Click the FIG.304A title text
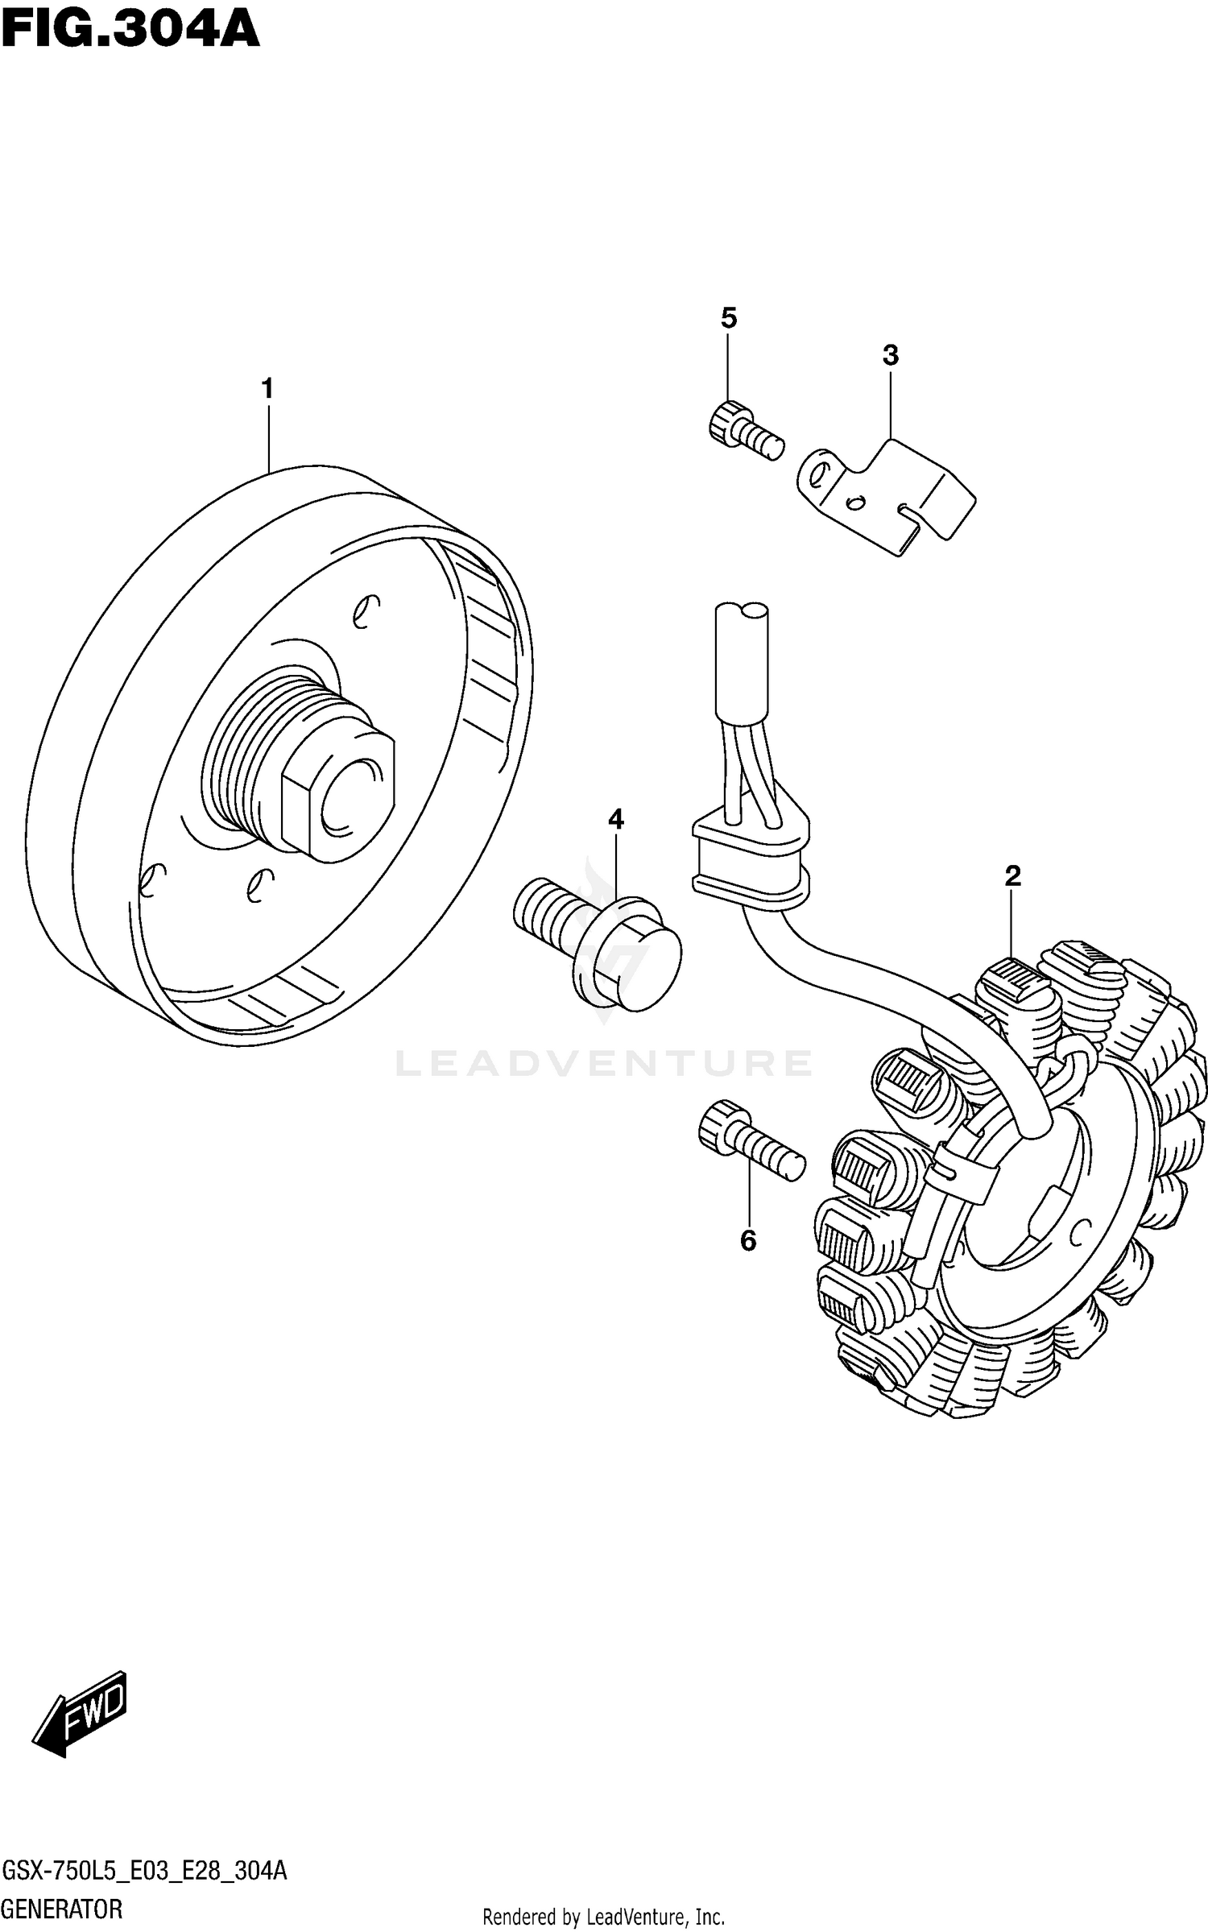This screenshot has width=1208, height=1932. (130, 32)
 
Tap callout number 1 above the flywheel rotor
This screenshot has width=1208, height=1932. (267, 390)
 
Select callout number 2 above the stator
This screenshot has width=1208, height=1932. (1012, 876)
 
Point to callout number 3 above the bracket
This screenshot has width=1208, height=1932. (890, 355)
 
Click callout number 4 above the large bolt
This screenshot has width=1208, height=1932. (616, 820)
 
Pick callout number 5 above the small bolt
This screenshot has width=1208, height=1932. (728, 319)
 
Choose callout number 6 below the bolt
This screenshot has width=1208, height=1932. (748, 1242)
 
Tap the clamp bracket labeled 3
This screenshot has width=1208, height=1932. (886, 495)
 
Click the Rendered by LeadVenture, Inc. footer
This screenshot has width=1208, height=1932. (603, 1917)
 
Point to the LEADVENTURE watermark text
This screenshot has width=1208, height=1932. (603, 1064)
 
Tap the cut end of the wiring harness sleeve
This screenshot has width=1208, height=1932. (742, 612)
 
